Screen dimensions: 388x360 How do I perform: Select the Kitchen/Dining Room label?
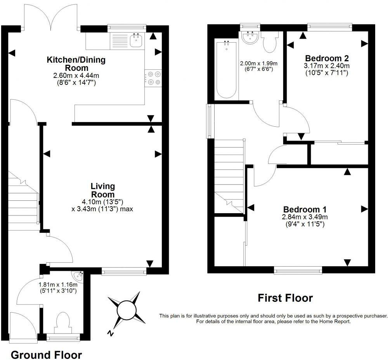pyautogui.click(x=76, y=64)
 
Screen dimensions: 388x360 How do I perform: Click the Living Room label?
pyautogui.click(x=102, y=190)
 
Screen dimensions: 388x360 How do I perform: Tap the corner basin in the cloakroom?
pyautogui.click(x=79, y=277)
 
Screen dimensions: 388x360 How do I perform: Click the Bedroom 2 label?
pyautogui.click(x=326, y=59)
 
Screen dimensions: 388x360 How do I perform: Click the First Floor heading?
pyautogui.click(x=285, y=298)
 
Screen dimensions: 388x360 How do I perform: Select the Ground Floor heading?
pyautogui.click(x=46, y=355)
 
